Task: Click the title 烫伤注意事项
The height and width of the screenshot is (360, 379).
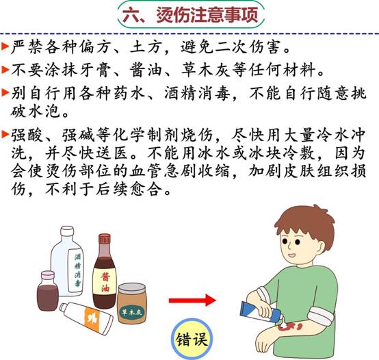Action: pyautogui.click(x=207, y=14)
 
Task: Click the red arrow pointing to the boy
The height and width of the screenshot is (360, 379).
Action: pyautogui.click(x=192, y=300)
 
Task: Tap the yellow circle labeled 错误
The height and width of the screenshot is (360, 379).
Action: pyautogui.click(x=192, y=339)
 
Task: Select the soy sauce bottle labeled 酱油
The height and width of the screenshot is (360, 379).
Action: pyautogui.click(x=105, y=271)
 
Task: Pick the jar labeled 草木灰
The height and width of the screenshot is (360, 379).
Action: pyautogui.click(x=132, y=304)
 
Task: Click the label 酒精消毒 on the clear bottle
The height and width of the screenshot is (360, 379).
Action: pyautogui.click(x=77, y=270)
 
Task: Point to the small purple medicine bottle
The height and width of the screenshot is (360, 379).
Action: pyautogui.click(x=48, y=291)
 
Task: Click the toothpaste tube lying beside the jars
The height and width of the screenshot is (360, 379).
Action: pyautogui.click(x=86, y=318)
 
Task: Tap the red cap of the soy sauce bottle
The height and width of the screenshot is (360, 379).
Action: pyautogui.click(x=105, y=239)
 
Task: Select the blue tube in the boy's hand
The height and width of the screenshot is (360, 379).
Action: pyautogui.click(x=261, y=311)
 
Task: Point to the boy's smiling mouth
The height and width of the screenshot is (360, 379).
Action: pyautogui.click(x=291, y=255)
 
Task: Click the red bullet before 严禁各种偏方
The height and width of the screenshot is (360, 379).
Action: pyautogui.click(x=5, y=46)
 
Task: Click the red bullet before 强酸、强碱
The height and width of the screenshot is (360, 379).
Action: pyautogui.click(x=5, y=134)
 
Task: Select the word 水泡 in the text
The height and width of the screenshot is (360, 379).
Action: pyautogui.click(x=44, y=111)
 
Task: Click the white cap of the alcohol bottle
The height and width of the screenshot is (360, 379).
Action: pyautogui.click(x=67, y=231)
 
